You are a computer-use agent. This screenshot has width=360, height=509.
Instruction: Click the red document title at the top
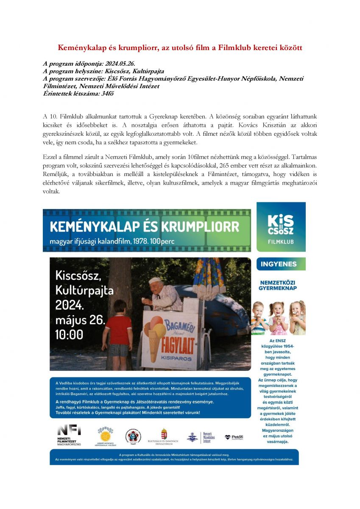[x=180, y=48]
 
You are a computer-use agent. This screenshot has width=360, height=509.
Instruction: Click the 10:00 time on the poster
[x=70, y=335]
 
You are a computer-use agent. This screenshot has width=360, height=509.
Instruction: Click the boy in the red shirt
[x=119, y=331]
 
